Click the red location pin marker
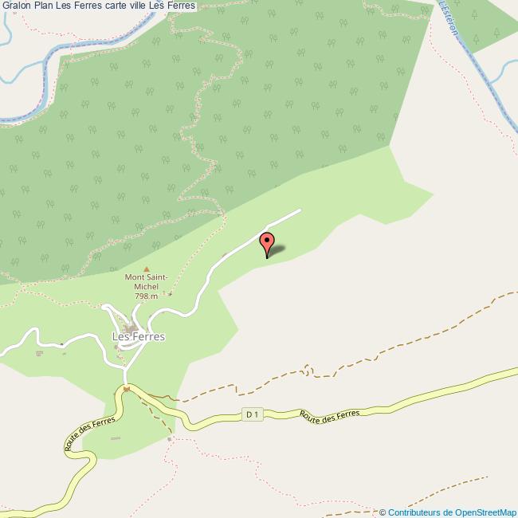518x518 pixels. pos(267,243)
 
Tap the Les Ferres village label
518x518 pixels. pos(139,336)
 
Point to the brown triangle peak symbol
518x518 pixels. pos(146,269)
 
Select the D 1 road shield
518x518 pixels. pos(253,414)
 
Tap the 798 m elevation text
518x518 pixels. pos(146,296)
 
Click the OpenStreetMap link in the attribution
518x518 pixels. pos(485,512)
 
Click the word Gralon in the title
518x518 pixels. pos(17,6)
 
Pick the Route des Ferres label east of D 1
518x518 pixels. pos(330,414)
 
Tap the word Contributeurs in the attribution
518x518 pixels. pos(414,512)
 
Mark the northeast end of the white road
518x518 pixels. pos(300,210)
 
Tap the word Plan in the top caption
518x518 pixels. pos(44,6)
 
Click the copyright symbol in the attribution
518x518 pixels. pos(383,512)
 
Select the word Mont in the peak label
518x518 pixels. pos(134,277)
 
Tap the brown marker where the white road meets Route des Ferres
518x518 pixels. pos(125,388)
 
